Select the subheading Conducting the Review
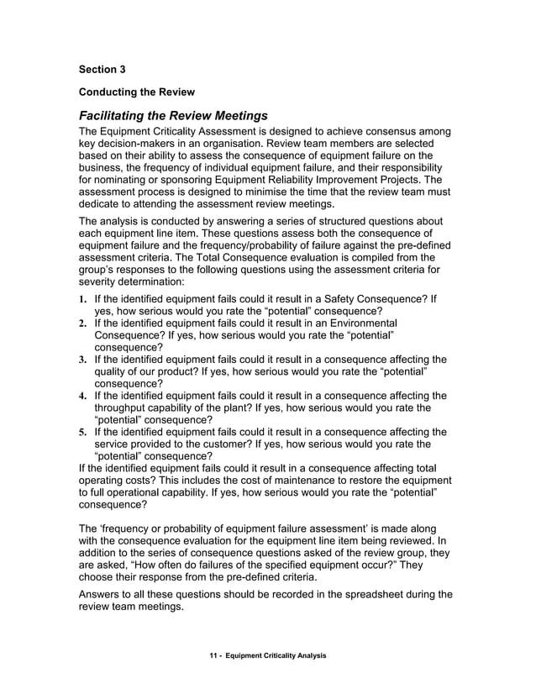(x=137, y=91)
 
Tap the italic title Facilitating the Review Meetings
(x=173, y=114)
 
